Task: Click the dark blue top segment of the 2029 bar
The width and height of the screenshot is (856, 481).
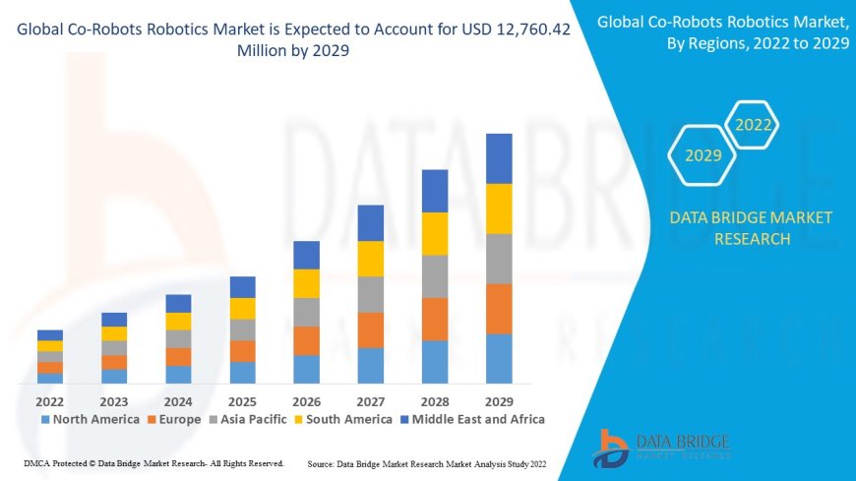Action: (499, 158)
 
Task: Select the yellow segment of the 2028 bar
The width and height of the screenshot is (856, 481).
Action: (435, 234)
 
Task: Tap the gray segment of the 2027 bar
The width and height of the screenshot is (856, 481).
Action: (371, 294)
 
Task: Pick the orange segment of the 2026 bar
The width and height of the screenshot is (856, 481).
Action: (306, 340)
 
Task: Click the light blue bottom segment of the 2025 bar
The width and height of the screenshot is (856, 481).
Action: (242, 372)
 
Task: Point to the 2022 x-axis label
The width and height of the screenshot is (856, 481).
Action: (49, 401)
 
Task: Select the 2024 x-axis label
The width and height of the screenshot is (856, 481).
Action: (178, 401)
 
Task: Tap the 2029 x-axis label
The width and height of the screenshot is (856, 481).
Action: (499, 401)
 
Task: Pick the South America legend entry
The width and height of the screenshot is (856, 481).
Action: (344, 419)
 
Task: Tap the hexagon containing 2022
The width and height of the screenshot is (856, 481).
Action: (754, 125)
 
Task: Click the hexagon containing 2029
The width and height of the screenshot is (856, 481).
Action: (703, 155)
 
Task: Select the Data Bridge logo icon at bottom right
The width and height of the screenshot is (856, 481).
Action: (613, 448)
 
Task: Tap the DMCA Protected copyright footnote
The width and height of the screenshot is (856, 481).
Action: (153, 462)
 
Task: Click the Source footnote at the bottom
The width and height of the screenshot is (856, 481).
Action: (427, 462)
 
